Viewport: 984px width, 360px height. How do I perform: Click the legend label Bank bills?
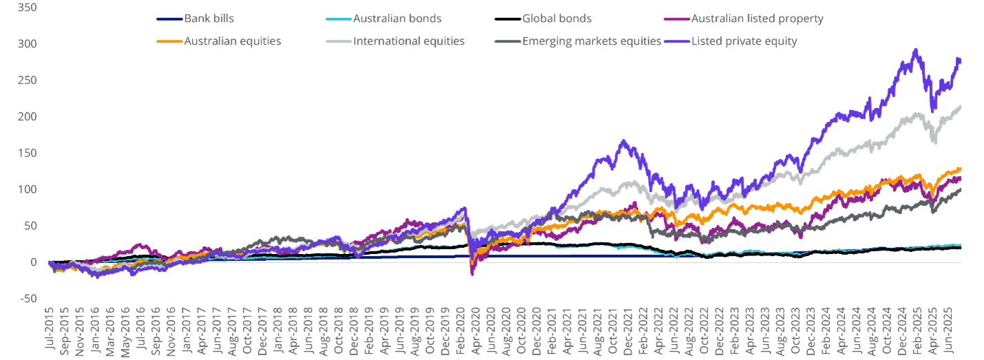point(209,19)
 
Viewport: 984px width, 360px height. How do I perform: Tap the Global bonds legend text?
point(557,19)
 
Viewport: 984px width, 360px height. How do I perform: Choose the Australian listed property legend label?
point(757,19)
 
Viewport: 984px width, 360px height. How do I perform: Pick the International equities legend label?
point(409,41)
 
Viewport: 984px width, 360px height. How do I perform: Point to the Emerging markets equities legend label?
point(592,41)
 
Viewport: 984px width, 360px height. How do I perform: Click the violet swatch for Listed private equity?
point(678,41)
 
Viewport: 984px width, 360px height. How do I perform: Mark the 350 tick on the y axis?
point(29,8)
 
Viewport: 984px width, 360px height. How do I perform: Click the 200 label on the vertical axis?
point(29,117)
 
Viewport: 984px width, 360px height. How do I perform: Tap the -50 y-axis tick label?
point(29,299)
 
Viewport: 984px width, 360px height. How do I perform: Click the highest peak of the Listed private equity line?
point(915,50)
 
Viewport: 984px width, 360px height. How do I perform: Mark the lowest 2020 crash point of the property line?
point(472,275)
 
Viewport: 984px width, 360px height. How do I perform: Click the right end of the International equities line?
point(961,105)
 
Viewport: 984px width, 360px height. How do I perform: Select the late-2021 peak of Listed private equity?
point(624,140)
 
